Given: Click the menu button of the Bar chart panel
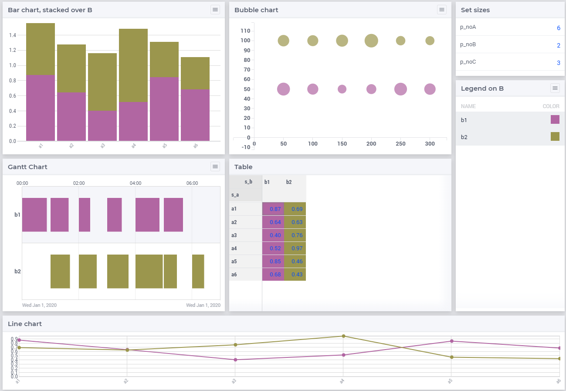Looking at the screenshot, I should tap(215, 10).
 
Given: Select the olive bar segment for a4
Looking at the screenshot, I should tap(133, 65).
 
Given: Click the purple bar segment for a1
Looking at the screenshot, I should tap(41, 108).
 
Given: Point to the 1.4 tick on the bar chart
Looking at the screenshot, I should tap(13, 35).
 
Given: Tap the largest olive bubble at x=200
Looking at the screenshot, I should tap(371, 41).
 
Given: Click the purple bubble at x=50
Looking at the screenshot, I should tap(284, 89).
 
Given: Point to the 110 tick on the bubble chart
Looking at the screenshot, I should tap(245, 31).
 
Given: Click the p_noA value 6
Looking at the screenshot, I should tap(558, 28).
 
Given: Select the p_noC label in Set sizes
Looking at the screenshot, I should tap(468, 62).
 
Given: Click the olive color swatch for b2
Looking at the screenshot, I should tap(555, 137).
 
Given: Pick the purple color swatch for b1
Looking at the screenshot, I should tap(555, 120).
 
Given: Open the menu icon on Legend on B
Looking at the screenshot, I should tap(555, 88).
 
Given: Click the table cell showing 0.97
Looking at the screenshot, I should tap(295, 248).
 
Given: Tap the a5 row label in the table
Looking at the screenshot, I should tap(234, 262).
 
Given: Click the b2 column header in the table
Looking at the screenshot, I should tap(289, 182).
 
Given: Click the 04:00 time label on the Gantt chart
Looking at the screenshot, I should tap(136, 183).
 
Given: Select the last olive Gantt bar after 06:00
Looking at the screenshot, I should tap(198, 271).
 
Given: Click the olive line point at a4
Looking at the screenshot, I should tap(343, 336).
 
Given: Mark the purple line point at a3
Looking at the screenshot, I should tap(235, 360).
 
